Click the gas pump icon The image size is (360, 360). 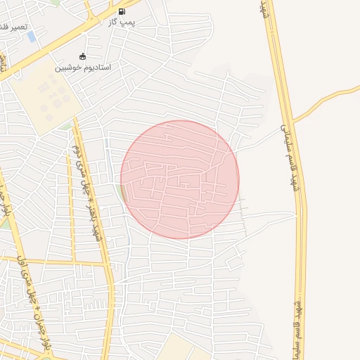tap(122, 11)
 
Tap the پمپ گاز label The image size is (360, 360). tap(122, 22)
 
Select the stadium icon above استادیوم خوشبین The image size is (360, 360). tap(83, 56)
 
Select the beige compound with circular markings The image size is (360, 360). tap(46, 98)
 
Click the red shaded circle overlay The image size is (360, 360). tap(180, 179)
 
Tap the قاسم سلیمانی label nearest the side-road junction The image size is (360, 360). tap(286, 141)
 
